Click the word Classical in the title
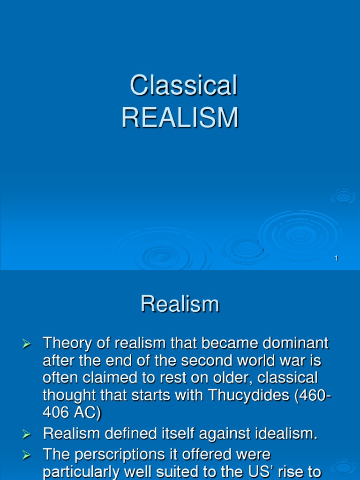[x=183, y=86]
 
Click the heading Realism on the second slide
[x=180, y=304]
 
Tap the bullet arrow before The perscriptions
[x=27, y=455]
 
